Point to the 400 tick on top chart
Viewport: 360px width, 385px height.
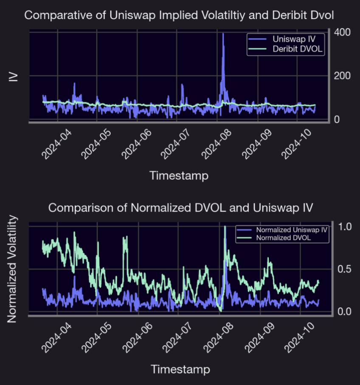tap(342, 32)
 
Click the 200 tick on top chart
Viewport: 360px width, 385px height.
tap(342, 76)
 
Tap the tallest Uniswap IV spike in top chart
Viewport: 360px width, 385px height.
tap(223, 34)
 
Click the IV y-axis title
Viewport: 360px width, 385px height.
tap(14, 76)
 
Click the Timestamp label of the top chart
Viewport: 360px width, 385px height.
tap(178, 175)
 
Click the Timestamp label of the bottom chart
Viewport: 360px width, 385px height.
tap(180, 369)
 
